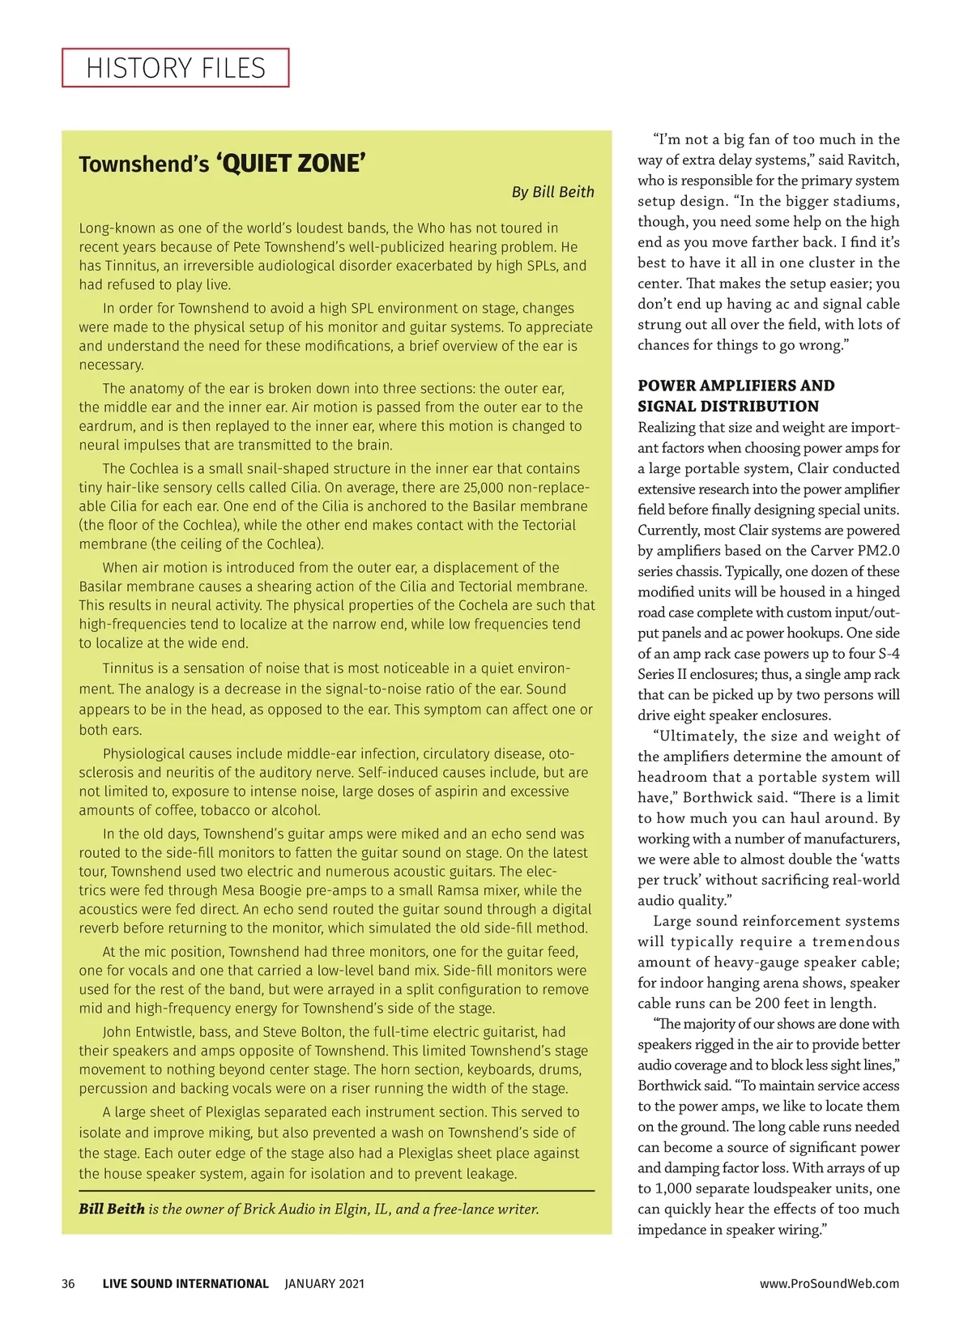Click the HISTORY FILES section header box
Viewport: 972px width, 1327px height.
tap(175, 68)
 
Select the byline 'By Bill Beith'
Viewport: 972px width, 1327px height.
tap(552, 192)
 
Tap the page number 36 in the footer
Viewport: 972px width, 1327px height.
tap(68, 1283)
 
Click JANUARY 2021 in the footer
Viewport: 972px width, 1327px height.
tap(324, 1283)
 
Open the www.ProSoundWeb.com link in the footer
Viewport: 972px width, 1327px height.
tap(829, 1283)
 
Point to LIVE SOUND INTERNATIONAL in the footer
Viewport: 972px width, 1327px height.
tap(185, 1283)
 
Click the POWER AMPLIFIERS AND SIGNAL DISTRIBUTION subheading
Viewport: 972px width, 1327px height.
tap(735, 395)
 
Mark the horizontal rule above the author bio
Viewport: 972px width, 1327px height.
tap(336, 1191)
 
